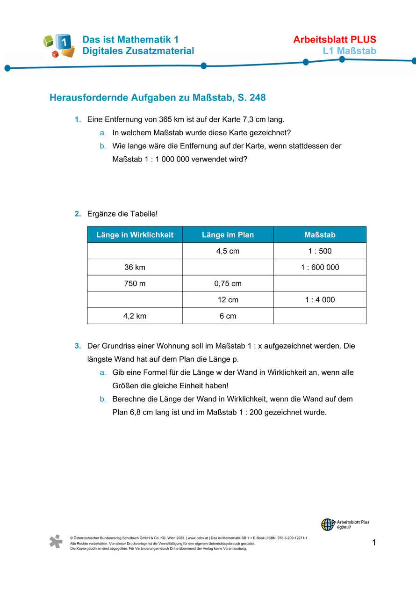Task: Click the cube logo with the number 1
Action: pos(59,45)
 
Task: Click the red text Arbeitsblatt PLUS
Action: pos(334,40)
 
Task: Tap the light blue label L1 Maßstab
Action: pos(349,51)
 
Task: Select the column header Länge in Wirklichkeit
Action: pos(135,235)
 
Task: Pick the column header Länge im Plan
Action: pos(228,235)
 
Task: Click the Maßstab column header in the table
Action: pos(320,235)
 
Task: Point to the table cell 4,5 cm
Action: pos(228,251)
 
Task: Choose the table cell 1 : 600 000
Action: pos(320,268)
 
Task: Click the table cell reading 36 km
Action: pos(135,268)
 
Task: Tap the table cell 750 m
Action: pos(135,284)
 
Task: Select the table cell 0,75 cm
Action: pos(228,284)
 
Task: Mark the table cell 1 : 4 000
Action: pos(320,300)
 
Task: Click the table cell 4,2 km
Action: pos(135,316)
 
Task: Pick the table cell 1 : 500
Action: pos(320,251)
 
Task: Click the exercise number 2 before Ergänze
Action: pos(77,214)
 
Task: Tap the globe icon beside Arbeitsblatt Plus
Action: pos(327,524)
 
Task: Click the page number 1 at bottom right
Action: pos(374,543)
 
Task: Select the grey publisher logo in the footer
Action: pos(56,541)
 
